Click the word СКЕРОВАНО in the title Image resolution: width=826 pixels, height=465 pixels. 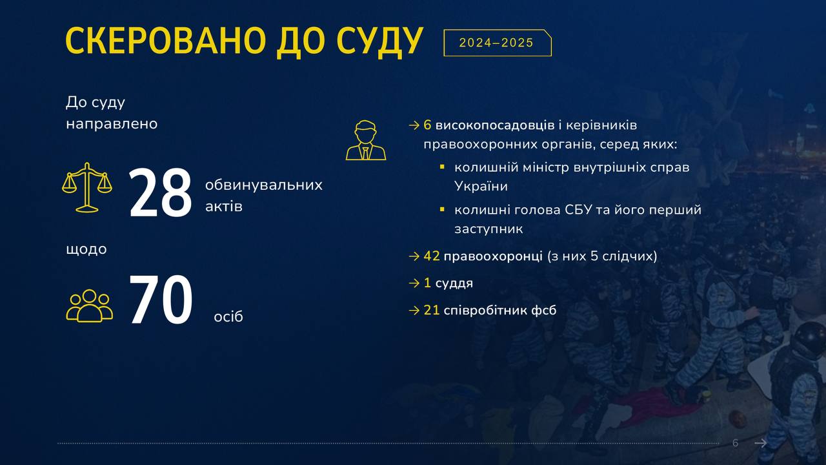[166, 41]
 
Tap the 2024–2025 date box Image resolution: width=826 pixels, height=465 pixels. [498, 43]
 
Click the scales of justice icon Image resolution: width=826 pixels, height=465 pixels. [87, 187]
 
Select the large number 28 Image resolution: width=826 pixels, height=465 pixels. [161, 192]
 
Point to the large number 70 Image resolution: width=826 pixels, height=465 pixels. [161, 300]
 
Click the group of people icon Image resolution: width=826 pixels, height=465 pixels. [90, 306]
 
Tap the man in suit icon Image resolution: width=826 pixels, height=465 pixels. [366, 140]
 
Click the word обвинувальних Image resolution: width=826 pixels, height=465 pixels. [264, 185]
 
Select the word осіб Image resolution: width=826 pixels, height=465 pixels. [228, 316]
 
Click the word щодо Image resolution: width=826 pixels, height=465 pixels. [86, 249]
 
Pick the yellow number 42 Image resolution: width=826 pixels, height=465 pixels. [432, 256]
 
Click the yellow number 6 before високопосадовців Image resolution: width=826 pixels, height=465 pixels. [427, 125]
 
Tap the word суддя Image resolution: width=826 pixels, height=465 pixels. [454, 283]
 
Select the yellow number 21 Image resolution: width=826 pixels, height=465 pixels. [432, 310]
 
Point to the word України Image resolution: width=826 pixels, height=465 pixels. [481, 186]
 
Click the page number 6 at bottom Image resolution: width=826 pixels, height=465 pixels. [735, 443]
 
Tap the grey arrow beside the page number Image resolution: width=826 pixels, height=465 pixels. [761, 443]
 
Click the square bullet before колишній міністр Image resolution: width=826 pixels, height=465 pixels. [442, 167]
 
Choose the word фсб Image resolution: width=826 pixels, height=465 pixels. [543, 310]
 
